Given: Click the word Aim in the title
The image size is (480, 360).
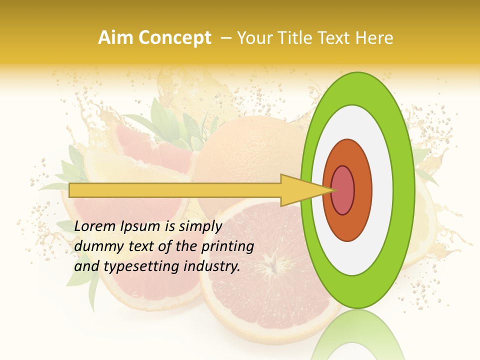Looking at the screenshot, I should coord(116,38).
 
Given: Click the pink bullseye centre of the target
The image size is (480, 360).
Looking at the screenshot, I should coord(343,190).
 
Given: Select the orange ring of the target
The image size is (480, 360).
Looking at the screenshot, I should coord(362,190).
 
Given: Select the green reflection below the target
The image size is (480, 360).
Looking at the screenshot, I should coord(357,335).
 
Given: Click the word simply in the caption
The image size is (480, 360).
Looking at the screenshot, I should coord(200,226).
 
